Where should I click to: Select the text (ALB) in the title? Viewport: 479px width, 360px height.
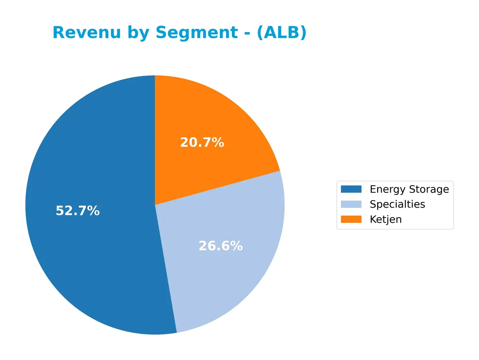281,33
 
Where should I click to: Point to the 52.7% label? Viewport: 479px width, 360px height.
77,211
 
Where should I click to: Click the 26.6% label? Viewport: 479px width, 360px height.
220,246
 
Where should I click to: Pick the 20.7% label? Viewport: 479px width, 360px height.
202,142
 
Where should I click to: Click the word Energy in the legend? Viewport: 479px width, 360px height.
386,189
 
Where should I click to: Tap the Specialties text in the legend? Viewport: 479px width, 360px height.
397,204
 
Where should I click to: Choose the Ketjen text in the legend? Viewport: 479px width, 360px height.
386,220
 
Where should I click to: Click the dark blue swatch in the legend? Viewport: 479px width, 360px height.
351,189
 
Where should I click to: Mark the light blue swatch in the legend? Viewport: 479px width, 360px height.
351,204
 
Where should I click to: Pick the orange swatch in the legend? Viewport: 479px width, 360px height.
351,219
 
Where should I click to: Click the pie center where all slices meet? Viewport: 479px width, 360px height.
155,205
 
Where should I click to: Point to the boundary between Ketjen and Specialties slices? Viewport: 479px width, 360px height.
218,188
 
